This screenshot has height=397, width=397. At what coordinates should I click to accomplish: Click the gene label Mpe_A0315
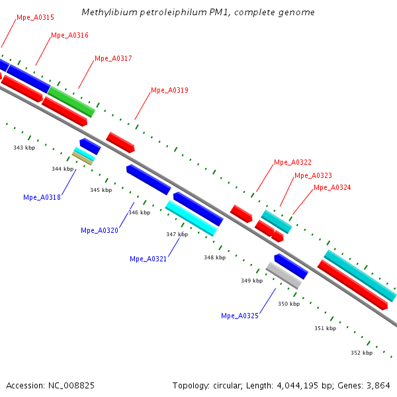(x=36, y=17)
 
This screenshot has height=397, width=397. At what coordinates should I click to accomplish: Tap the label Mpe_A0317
(x=113, y=58)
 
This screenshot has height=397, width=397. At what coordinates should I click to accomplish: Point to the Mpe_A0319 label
(x=169, y=90)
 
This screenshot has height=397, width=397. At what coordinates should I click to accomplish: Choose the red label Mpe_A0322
(x=292, y=162)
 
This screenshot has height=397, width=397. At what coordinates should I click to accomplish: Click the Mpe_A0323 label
(x=313, y=175)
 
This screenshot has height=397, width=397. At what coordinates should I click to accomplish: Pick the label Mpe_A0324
(x=332, y=187)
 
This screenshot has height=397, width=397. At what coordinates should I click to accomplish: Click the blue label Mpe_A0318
(x=42, y=197)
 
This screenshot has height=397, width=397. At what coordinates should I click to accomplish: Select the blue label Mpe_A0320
(x=99, y=230)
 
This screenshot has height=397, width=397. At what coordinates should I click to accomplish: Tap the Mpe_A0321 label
(x=148, y=259)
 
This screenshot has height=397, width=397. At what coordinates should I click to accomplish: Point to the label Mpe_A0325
(x=240, y=316)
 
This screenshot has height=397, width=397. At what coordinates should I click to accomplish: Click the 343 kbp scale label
(x=24, y=148)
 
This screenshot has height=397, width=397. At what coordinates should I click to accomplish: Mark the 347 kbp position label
(x=177, y=234)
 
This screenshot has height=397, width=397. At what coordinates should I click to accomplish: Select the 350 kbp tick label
(x=288, y=304)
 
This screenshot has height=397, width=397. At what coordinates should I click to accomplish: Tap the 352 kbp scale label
(x=361, y=353)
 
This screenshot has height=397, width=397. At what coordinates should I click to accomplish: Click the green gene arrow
(x=71, y=101)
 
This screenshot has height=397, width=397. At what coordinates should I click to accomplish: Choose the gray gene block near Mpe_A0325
(x=284, y=275)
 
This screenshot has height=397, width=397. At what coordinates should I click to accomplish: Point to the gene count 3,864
(x=377, y=385)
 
